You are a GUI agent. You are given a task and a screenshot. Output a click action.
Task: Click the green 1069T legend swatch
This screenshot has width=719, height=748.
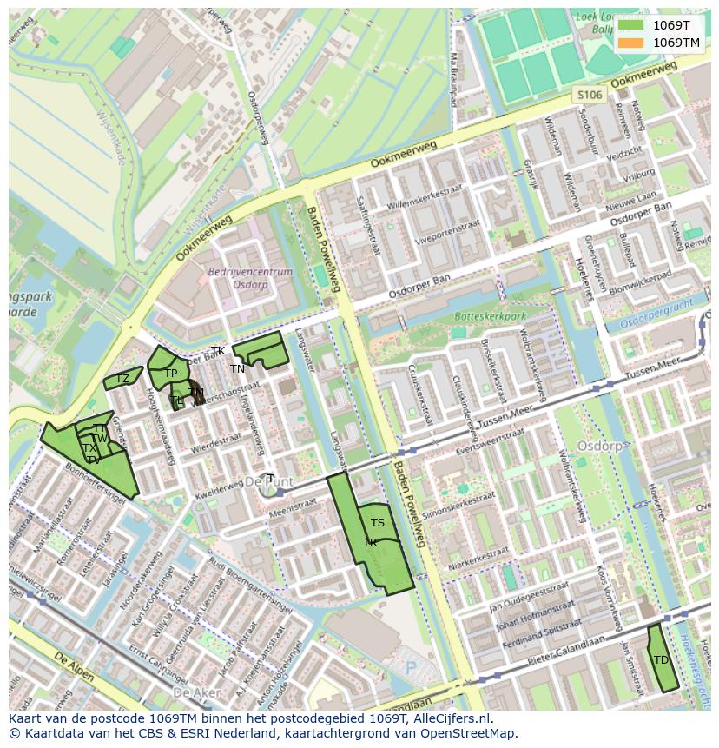[630, 25]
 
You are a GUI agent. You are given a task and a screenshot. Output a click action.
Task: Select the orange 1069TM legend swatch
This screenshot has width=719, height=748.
[630, 43]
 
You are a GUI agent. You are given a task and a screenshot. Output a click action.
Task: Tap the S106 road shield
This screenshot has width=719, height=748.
[589, 95]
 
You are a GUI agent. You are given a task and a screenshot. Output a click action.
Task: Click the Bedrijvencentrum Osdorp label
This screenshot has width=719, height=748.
[238, 278]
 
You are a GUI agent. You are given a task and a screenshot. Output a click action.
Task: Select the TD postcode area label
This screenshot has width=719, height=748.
[661, 660]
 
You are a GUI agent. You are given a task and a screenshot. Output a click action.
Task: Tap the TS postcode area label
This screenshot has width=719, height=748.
[377, 523]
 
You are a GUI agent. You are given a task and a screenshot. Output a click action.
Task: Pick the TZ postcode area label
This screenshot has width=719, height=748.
[122, 379]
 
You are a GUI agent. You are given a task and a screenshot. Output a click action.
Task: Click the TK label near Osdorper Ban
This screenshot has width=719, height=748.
[218, 351]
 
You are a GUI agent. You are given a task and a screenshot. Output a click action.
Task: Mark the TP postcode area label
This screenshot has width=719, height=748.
[170, 374]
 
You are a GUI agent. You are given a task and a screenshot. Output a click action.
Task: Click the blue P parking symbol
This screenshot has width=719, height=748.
[411, 667]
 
